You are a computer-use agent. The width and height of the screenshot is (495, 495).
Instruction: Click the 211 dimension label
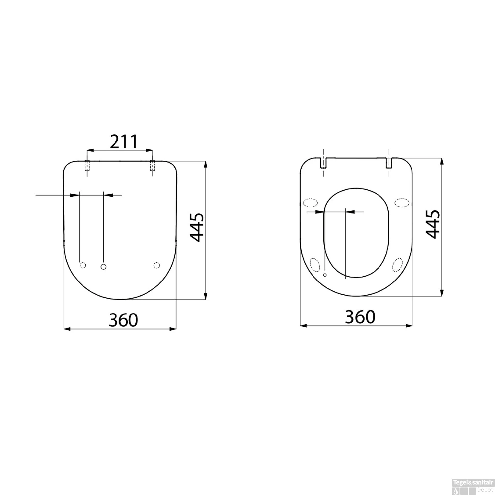[x=123, y=142]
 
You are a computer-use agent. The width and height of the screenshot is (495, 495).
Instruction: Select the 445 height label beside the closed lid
[x=198, y=227]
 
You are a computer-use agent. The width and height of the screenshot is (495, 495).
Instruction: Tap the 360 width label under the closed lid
[x=123, y=320]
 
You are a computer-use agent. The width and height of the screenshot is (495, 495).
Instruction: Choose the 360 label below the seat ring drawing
[x=360, y=317]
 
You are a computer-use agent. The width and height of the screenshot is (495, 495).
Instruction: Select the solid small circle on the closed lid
[x=104, y=266]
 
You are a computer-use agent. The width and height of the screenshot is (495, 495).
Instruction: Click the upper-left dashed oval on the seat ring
[x=310, y=202]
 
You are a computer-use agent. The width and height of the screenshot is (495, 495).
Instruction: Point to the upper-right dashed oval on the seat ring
[x=402, y=202]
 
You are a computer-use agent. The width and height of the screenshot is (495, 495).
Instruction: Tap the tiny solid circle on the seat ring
[x=325, y=275]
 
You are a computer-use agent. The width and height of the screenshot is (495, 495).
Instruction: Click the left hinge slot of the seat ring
[x=324, y=163]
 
